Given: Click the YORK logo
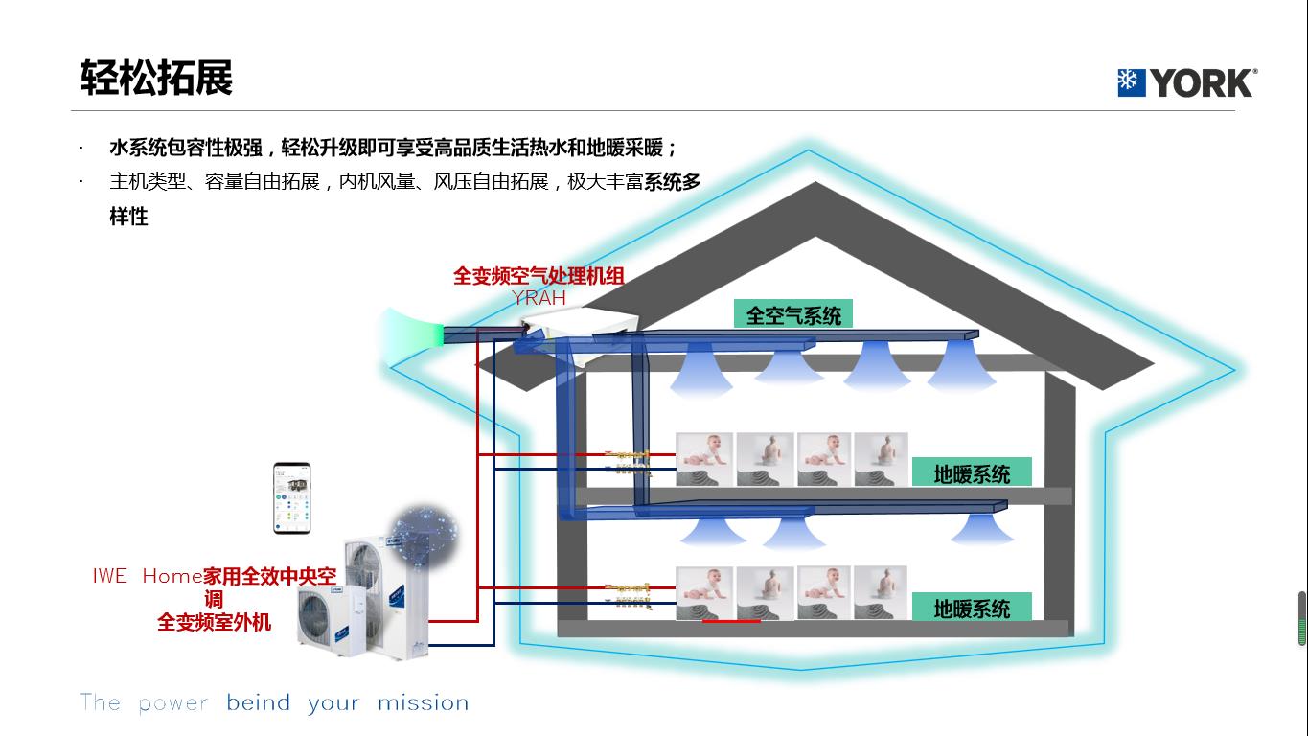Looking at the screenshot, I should pos(1186,82).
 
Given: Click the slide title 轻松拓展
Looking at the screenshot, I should pos(157,78).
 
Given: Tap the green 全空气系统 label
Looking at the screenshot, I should pos(792,315).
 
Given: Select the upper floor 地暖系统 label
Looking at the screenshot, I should pos(972,473).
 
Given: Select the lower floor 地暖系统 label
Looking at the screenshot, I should pos(972,608).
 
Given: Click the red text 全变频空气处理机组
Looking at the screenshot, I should pos(539,276).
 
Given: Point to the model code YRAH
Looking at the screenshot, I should pos(539,298).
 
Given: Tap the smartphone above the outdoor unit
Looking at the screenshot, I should pos(292,497).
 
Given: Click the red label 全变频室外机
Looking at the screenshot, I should pos(214,622).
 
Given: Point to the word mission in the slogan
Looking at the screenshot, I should pos(423,703).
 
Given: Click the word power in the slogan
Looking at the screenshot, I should pos(172,703).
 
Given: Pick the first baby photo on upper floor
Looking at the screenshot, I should pos(704,459).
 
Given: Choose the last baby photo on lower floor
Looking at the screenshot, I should pos(880,592).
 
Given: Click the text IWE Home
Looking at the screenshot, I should pos(147,576).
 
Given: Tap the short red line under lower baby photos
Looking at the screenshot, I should pos(731,621).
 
